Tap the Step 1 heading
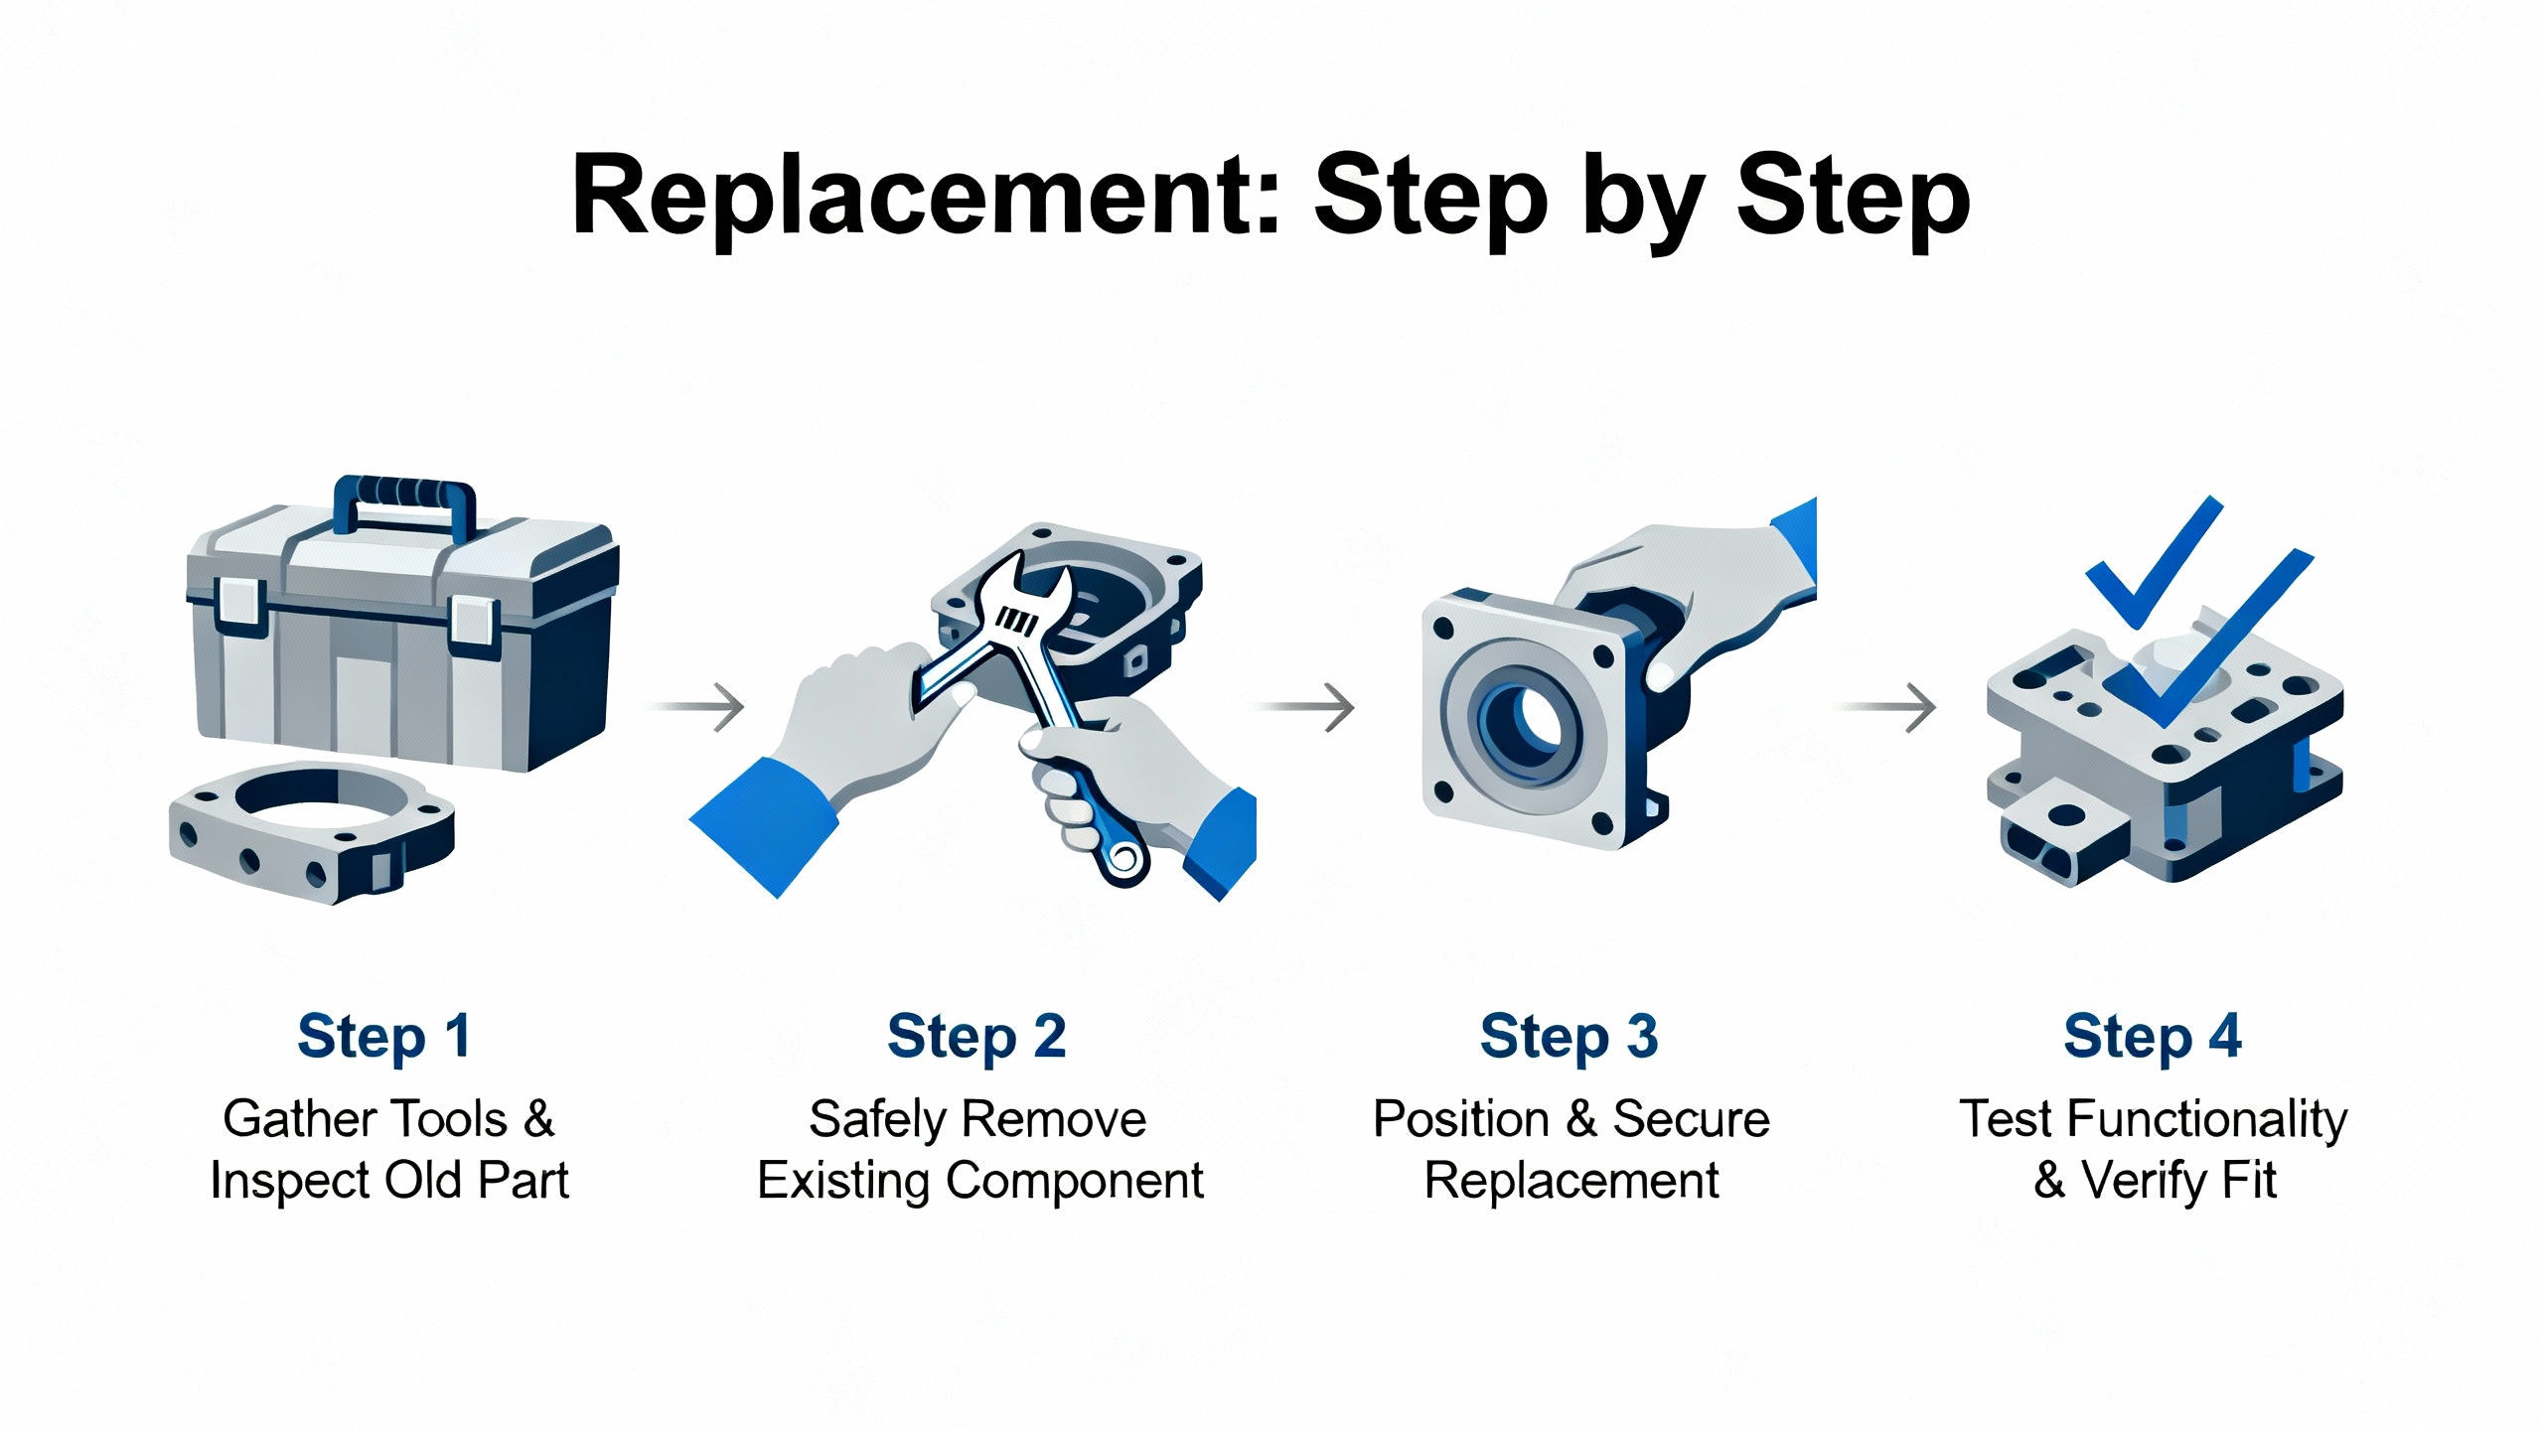pyautogui.click(x=383, y=1037)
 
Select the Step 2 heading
pyautogui.click(x=976, y=1037)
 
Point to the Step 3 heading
pyautogui.click(x=1569, y=1037)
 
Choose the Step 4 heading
pyautogui.click(x=2152, y=1037)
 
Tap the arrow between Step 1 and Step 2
pyautogui.click(x=700, y=707)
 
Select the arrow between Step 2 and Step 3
pyautogui.click(x=1307, y=707)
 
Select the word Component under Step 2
pyautogui.click(x=1075, y=1181)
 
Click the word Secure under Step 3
pyautogui.click(x=1691, y=1119)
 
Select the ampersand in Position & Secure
pyautogui.click(x=1580, y=1119)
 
